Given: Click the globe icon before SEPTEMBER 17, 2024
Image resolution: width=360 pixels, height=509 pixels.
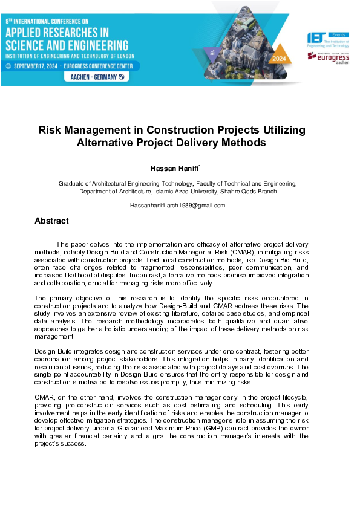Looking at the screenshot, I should click(8, 66).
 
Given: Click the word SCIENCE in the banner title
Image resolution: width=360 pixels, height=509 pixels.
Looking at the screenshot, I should click(30, 45).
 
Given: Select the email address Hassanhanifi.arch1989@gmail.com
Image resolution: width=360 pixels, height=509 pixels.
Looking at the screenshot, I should click(177, 206).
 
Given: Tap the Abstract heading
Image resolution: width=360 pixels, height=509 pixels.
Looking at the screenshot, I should click(51, 221).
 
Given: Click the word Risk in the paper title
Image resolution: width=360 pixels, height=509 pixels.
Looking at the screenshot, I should click(50, 131).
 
